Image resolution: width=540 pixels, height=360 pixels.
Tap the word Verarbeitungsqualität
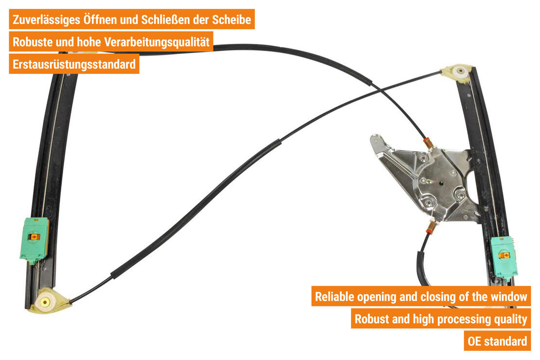pos(157,42)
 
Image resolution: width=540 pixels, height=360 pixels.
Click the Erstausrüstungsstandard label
pos(74,64)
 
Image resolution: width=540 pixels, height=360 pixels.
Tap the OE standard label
pos(497,341)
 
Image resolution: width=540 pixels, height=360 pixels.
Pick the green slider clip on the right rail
pos(504,256)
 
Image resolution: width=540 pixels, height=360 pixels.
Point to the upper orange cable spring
pos(428,143)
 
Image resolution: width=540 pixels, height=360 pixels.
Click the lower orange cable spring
pos(431,227)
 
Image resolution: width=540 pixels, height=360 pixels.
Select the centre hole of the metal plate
pos(441,183)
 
